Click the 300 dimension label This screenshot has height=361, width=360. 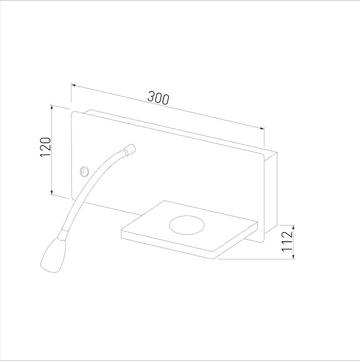coord(158,98)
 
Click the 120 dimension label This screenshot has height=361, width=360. coord(46,147)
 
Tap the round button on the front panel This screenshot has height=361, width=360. coord(84,172)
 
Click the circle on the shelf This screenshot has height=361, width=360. coord(187,225)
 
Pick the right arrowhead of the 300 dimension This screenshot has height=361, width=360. coord(262,128)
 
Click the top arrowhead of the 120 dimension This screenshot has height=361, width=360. coord(52,107)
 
